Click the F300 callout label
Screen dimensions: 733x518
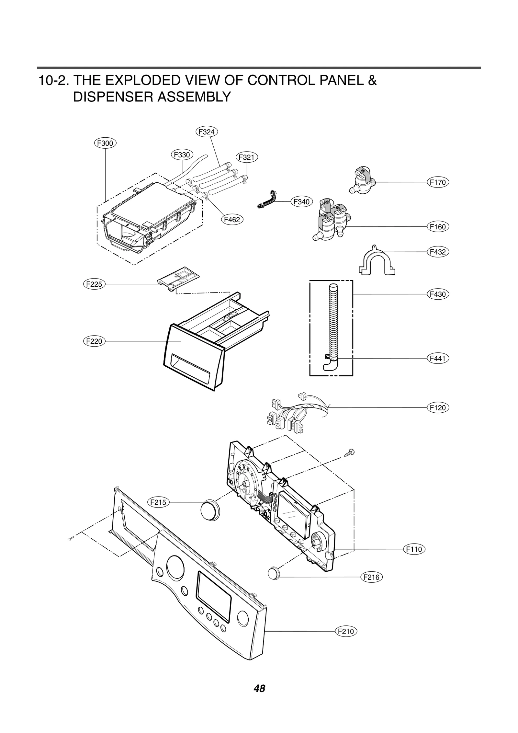point(105,143)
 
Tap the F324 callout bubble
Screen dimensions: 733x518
point(207,132)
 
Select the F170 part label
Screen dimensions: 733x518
point(438,182)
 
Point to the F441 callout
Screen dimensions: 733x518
point(438,358)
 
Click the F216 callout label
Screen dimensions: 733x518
point(371,577)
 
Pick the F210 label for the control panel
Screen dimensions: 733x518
point(345,631)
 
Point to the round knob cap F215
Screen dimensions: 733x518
point(210,511)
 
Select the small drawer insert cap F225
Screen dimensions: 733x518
point(178,277)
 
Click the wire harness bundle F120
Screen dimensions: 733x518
point(291,415)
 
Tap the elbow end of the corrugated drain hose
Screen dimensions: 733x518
point(328,365)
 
